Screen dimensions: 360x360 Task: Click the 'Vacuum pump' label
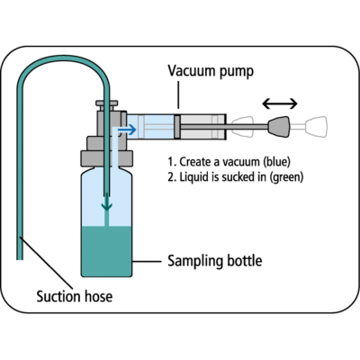click(211, 72)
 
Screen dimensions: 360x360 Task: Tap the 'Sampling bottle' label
click(215, 261)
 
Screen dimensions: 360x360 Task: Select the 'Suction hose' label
click(75, 296)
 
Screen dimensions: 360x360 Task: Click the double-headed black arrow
click(280, 104)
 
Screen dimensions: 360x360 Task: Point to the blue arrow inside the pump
click(127, 130)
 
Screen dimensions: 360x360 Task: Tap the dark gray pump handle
click(279, 127)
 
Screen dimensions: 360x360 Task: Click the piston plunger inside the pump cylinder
click(177, 127)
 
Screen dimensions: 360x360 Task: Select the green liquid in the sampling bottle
click(106, 251)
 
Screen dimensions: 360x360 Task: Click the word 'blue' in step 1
click(277, 162)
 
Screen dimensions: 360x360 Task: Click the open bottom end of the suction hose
click(20, 258)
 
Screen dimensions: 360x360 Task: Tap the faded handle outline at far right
click(316, 127)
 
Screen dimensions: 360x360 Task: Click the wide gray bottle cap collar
click(106, 158)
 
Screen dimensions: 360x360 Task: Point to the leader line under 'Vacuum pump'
click(178, 94)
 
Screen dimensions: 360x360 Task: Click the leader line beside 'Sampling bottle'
click(147, 261)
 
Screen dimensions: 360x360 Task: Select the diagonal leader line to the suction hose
click(46, 263)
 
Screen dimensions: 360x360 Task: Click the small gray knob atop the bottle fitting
click(107, 103)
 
